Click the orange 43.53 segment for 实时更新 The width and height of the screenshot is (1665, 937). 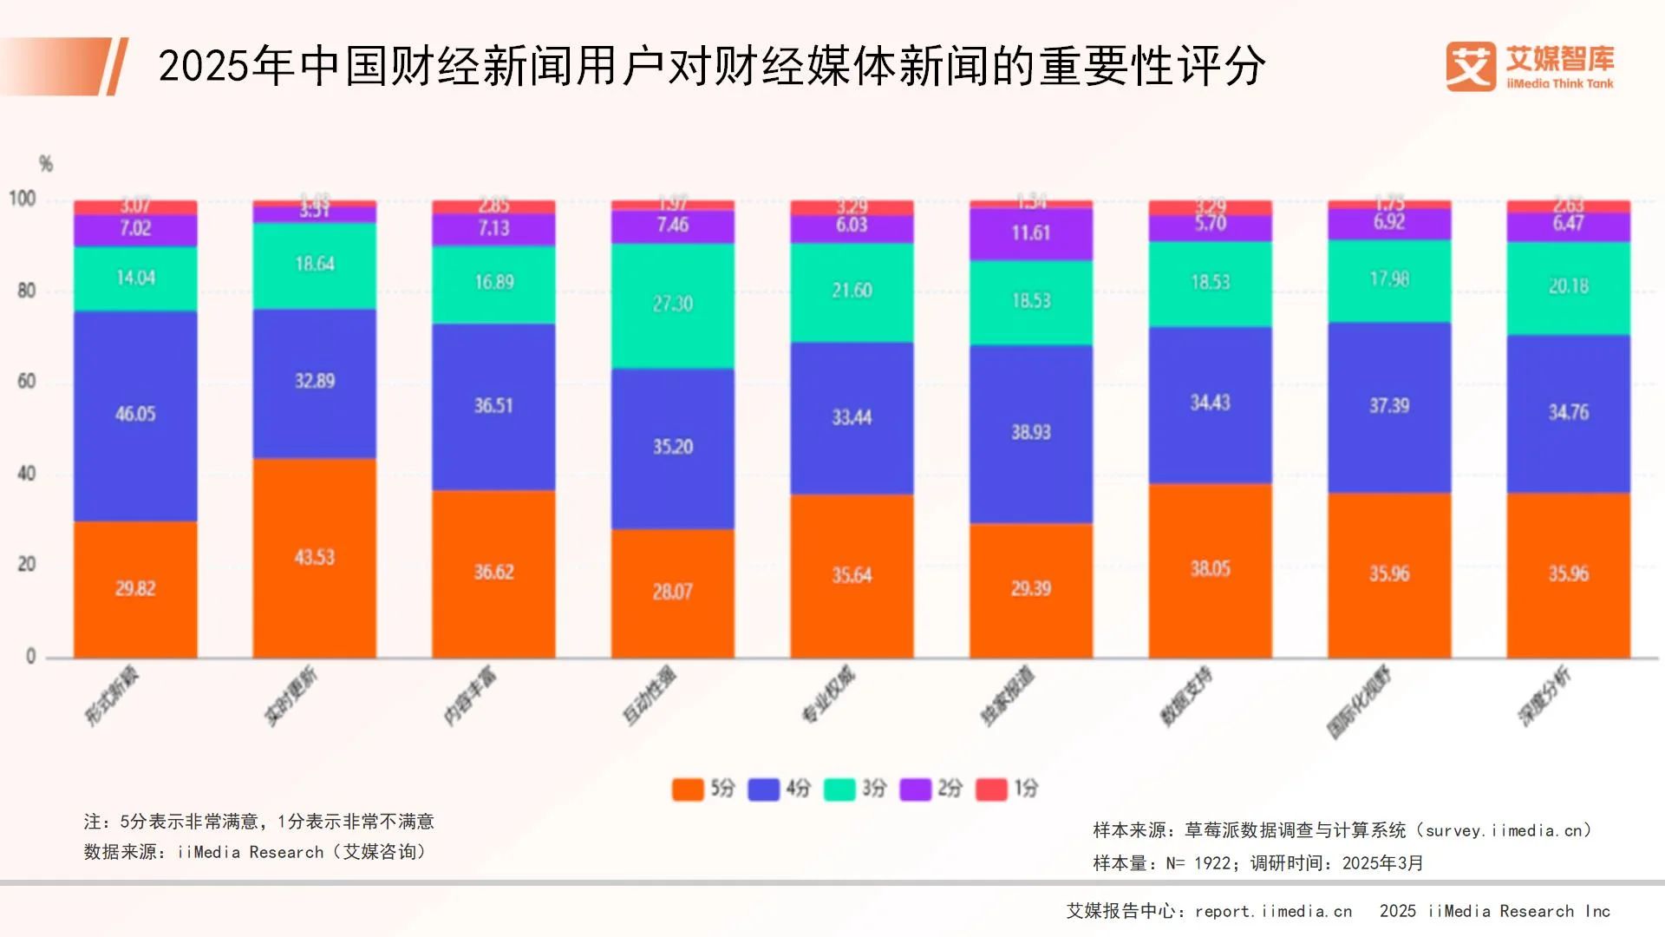click(314, 557)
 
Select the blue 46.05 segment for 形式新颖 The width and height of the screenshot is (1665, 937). click(135, 415)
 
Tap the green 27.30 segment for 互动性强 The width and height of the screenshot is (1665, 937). click(673, 305)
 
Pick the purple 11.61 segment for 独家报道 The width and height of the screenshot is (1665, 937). click(1030, 233)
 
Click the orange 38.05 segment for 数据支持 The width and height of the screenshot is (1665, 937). click(1210, 569)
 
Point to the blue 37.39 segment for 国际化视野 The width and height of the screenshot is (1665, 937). click(1388, 406)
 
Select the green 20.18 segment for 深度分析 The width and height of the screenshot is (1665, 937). click(1568, 287)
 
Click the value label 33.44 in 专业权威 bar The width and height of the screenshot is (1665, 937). click(852, 417)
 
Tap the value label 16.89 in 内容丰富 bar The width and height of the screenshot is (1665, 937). click(493, 283)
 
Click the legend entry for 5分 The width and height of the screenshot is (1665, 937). click(703, 789)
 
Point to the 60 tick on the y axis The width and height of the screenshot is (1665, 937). click(27, 382)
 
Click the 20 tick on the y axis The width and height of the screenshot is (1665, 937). click(27, 564)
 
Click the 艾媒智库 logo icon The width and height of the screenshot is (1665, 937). click(1470, 67)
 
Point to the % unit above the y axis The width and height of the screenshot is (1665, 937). click(45, 164)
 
